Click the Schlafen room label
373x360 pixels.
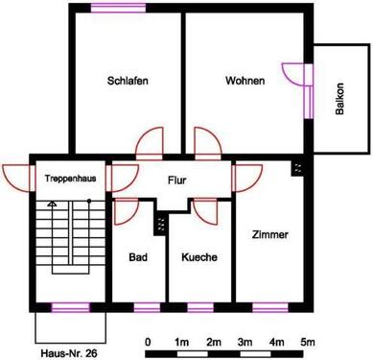[x=128, y=82]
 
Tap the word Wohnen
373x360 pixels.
[x=245, y=82]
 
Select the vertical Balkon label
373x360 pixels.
[x=339, y=99]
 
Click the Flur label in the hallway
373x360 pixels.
[x=176, y=180]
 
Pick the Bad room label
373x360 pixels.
[x=138, y=257]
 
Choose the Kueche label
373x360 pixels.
[x=198, y=257]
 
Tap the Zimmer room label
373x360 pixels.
[x=269, y=234]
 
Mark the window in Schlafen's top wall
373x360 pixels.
[x=114, y=9]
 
